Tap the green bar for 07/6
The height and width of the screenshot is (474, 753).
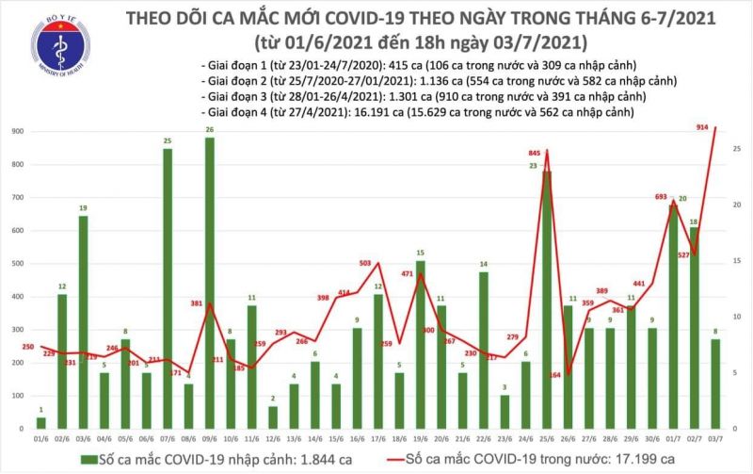point(168,287)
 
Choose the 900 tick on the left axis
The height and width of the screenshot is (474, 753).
point(18,132)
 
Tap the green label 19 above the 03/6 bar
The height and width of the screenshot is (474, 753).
point(83,208)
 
